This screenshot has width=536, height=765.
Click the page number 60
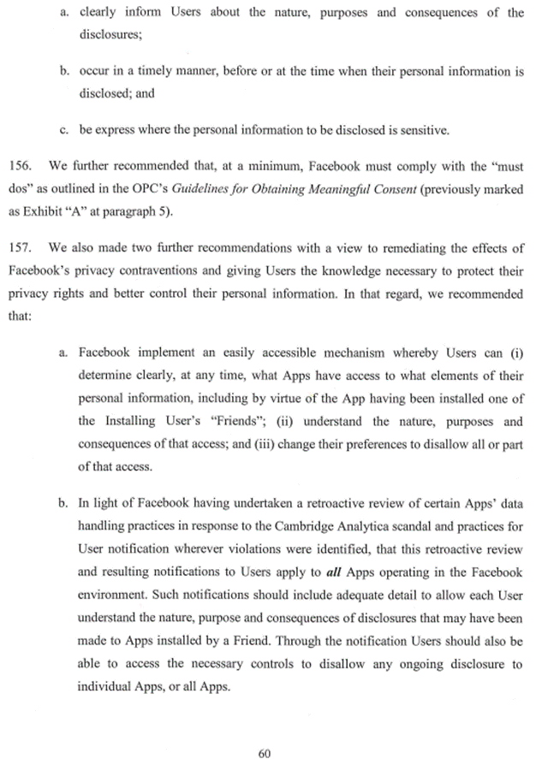(265, 729)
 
